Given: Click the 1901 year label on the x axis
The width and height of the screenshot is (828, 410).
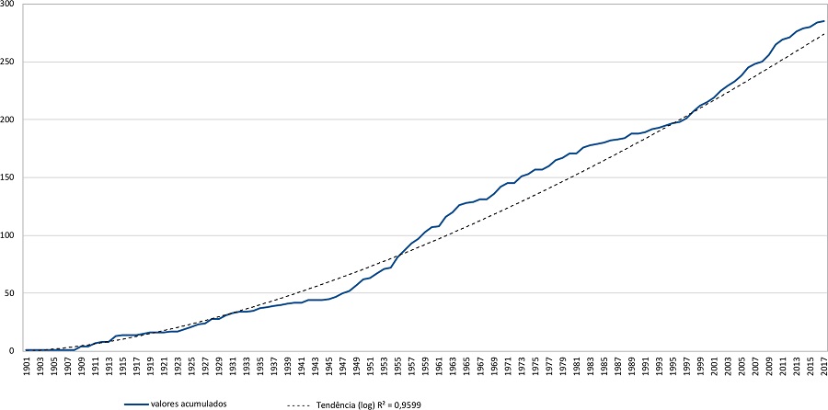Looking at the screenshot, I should click(x=28, y=366).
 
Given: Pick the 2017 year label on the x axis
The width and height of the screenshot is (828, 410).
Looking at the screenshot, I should click(x=824, y=366).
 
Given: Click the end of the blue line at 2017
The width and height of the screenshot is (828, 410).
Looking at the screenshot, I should click(x=824, y=21).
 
